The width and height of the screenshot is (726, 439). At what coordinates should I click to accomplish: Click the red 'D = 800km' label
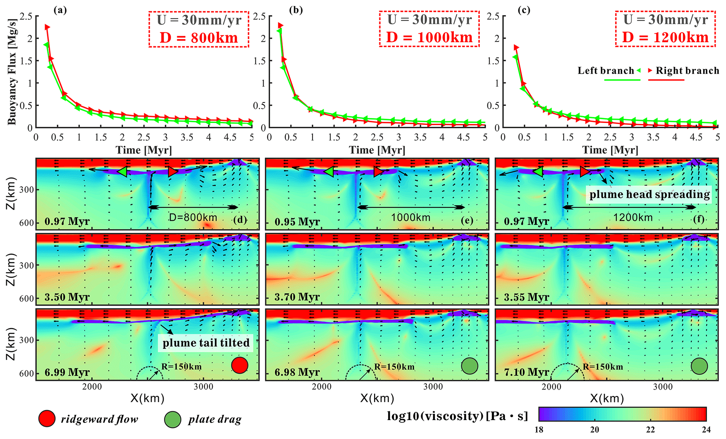(199, 38)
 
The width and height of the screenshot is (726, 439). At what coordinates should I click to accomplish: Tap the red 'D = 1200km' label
(665, 37)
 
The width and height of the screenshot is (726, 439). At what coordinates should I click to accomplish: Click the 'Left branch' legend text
(606, 71)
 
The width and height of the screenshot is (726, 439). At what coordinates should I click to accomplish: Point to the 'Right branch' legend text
(687, 71)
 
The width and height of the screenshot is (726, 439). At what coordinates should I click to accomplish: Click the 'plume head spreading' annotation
(649, 195)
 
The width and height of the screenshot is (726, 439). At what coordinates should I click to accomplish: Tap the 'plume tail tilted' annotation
(206, 343)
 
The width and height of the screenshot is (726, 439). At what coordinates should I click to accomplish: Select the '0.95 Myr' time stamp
(297, 222)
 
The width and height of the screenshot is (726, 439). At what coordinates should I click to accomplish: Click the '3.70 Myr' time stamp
(297, 297)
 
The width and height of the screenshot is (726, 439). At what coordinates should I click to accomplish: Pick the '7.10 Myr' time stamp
(526, 372)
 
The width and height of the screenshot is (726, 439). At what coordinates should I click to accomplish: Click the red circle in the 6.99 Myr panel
(240, 365)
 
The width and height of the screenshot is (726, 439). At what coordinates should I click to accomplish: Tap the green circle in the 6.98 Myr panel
(470, 366)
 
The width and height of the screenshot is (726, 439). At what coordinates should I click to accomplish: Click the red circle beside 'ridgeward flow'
(47, 419)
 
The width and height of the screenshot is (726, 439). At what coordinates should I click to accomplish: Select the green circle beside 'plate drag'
(172, 419)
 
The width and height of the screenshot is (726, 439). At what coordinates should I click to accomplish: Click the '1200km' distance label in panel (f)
(633, 218)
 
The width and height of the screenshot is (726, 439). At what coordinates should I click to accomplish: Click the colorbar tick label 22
(650, 430)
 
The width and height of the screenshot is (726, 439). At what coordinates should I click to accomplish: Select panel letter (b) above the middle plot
(296, 10)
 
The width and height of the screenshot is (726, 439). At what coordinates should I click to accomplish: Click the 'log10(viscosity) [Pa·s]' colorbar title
(457, 416)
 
